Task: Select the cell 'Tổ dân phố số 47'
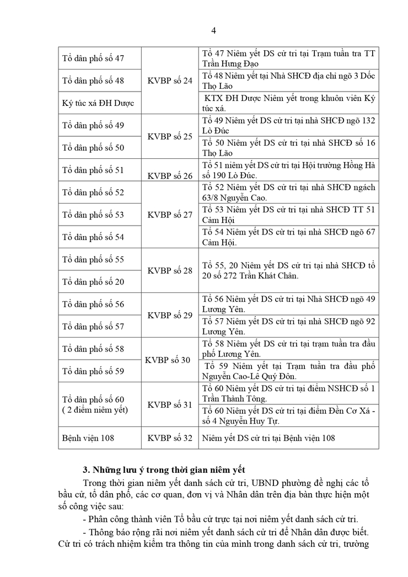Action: tap(93, 58)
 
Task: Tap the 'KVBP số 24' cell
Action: tap(170, 81)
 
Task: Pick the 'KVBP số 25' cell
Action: tap(170, 136)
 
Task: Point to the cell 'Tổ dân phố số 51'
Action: tap(93, 170)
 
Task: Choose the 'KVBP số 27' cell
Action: tap(170, 215)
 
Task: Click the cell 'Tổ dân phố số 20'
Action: tap(93, 282)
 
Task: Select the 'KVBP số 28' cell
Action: tap(170, 270)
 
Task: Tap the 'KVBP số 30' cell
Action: tap(168, 360)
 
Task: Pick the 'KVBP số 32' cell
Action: tap(170, 438)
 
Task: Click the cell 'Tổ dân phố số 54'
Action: tap(93, 237)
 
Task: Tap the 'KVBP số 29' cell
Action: tap(170, 315)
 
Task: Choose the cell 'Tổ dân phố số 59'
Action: tap(93, 371)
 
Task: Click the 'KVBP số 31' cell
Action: tap(170, 404)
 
